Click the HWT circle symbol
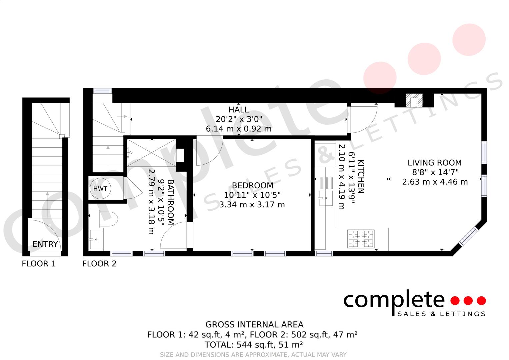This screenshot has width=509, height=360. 100,189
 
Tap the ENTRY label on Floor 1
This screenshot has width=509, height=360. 45,244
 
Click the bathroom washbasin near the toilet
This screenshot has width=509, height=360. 96,239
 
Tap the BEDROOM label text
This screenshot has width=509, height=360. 252,185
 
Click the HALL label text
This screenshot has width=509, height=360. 238,109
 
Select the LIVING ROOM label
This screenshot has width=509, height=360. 434,163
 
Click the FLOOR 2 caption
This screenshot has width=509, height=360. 99,264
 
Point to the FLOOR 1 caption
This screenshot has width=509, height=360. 39,264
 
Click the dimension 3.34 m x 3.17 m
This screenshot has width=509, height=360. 252,204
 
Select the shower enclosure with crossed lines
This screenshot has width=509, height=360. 151,153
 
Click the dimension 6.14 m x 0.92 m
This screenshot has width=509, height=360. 238,129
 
